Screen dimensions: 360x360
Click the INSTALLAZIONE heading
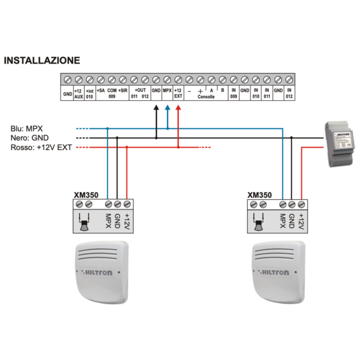pyautogui.click(x=41, y=61)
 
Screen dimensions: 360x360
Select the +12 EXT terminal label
pyautogui.click(x=178, y=93)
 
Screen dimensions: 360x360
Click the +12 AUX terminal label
pyautogui.click(x=78, y=93)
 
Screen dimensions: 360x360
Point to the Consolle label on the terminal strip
pyautogui.click(x=206, y=96)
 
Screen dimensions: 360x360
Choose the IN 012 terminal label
pyautogui.click(x=289, y=93)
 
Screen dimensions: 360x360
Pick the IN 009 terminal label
pyautogui.click(x=233, y=93)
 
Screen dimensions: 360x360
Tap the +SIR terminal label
pyautogui.click(x=123, y=90)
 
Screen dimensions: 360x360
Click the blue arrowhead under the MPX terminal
pyautogui.click(x=167, y=107)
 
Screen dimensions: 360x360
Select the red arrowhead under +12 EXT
pyautogui.click(x=178, y=107)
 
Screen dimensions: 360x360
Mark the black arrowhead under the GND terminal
pyautogui.click(x=156, y=107)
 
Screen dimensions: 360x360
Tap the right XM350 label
pyautogui.click(x=259, y=194)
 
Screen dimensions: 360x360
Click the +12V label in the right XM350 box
pyautogui.click(x=301, y=223)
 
